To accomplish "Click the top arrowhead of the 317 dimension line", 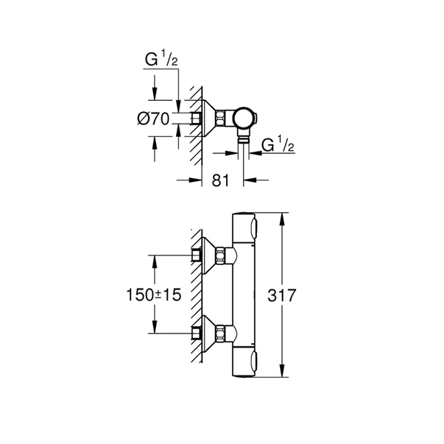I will pyautogui.click(x=283, y=216).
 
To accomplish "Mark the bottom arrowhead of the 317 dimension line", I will pyautogui.click(x=283, y=376).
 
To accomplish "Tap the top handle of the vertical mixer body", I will pyautogui.click(x=244, y=225).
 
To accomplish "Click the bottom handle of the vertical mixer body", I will pyautogui.click(x=244, y=364).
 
